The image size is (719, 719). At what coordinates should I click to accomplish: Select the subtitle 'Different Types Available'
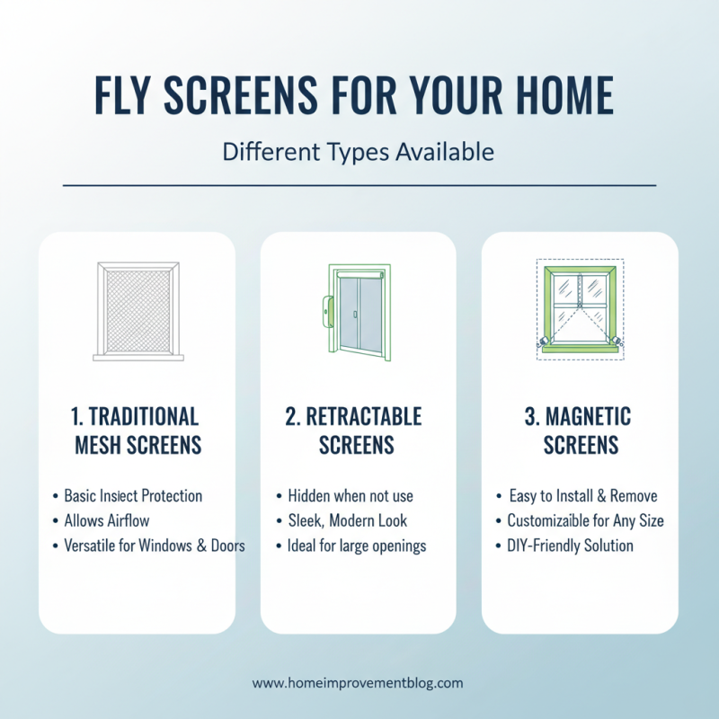tap(358, 152)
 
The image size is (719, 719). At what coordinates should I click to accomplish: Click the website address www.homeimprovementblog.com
tap(358, 683)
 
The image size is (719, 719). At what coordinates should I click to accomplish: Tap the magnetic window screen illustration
tap(580, 309)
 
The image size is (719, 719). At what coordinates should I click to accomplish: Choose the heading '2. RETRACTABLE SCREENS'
tap(357, 431)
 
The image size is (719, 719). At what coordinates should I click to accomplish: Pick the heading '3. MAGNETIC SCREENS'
tap(581, 431)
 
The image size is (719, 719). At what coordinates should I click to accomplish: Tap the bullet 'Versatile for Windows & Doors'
tap(154, 546)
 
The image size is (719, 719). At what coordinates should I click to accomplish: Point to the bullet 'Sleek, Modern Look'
tap(347, 520)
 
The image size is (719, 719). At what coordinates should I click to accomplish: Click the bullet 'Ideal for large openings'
tap(356, 546)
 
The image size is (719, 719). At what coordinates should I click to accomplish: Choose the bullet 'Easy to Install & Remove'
tap(582, 496)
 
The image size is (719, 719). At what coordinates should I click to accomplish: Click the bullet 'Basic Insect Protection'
tap(133, 496)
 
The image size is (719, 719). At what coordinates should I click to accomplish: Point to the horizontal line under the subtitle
tap(359, 185)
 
